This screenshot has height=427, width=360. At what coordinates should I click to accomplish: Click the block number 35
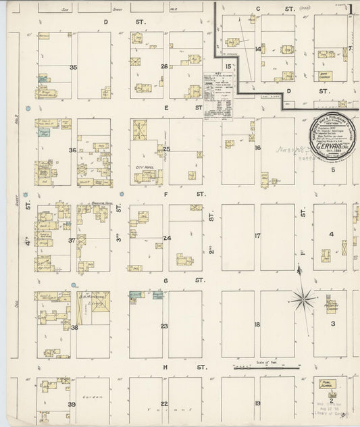pos(73,67)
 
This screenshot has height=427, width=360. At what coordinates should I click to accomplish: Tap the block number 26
pos(165,66)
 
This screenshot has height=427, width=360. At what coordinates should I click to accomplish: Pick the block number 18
pos(257,325)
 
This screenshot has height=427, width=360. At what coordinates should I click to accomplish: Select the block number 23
pos(165,326)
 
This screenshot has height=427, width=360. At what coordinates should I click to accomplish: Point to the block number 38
pos(74,328)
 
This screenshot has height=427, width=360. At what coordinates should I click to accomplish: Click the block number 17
pos(257,236)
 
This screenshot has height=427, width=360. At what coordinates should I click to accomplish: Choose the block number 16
pos(257,147)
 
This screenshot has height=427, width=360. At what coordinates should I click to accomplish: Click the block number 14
pos(258,49)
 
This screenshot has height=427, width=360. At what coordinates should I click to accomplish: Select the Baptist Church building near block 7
pos(324,76)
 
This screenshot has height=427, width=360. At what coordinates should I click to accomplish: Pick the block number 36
pos(72,150)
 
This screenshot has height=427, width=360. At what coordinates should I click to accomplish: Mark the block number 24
pos(166,237)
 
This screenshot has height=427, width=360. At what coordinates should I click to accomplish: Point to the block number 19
pos(257,403)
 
